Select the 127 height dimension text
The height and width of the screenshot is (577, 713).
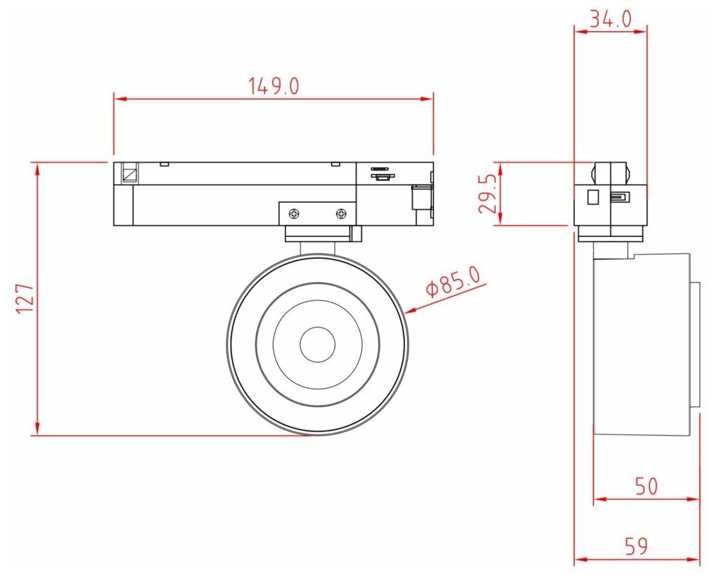26,299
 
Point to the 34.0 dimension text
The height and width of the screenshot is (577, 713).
611,19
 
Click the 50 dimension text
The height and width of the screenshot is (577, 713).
646,486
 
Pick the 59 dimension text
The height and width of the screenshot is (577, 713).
636,545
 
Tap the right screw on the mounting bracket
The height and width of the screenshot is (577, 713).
341,213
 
